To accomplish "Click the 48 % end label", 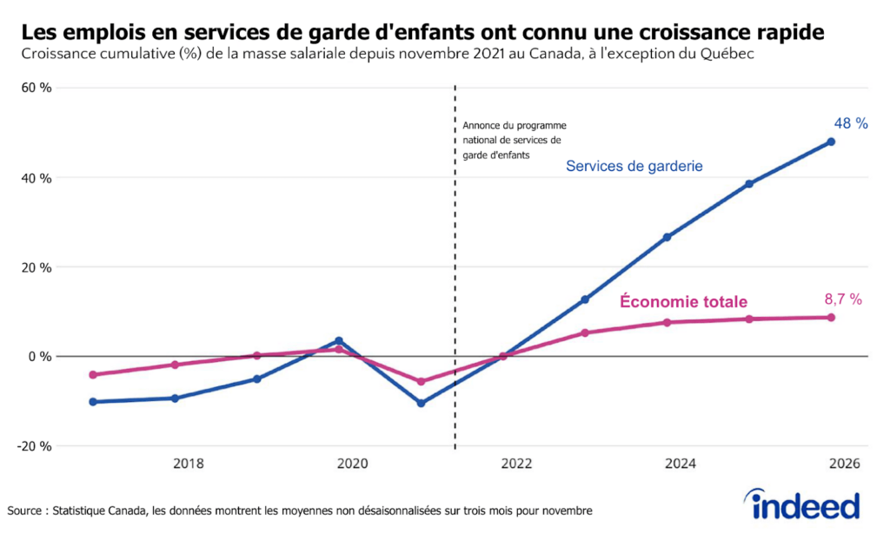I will coord(851,124).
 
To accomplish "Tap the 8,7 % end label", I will coord(842,299).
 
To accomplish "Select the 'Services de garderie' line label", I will coord(634,166).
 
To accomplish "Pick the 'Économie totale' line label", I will coord(683,302).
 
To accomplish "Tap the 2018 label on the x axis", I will coord(189,464).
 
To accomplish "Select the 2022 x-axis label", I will coord(516,464).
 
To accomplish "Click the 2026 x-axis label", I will coord(844,464).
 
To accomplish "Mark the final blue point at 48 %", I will coord(831,141).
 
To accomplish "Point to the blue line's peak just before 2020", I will coord(339,341).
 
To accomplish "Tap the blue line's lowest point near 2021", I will coord(421,403).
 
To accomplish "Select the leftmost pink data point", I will coord(93,375).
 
